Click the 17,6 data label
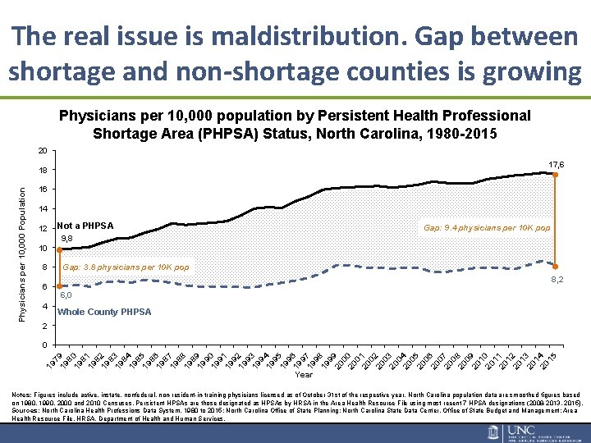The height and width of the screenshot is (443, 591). pyautogui.click(x=557, y=165)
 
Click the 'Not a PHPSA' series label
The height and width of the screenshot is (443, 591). pyautogui.click(x=85, y=226)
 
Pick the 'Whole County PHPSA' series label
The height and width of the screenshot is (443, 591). pyautogui.click(x=104, y=312)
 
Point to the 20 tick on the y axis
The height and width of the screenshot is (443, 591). pyautogui.click(x=43, y=151)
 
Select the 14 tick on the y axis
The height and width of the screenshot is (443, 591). pyautogui.click(x=43, y=209)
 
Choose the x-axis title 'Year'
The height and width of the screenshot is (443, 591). pyautogui.click(x=304, y=374)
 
